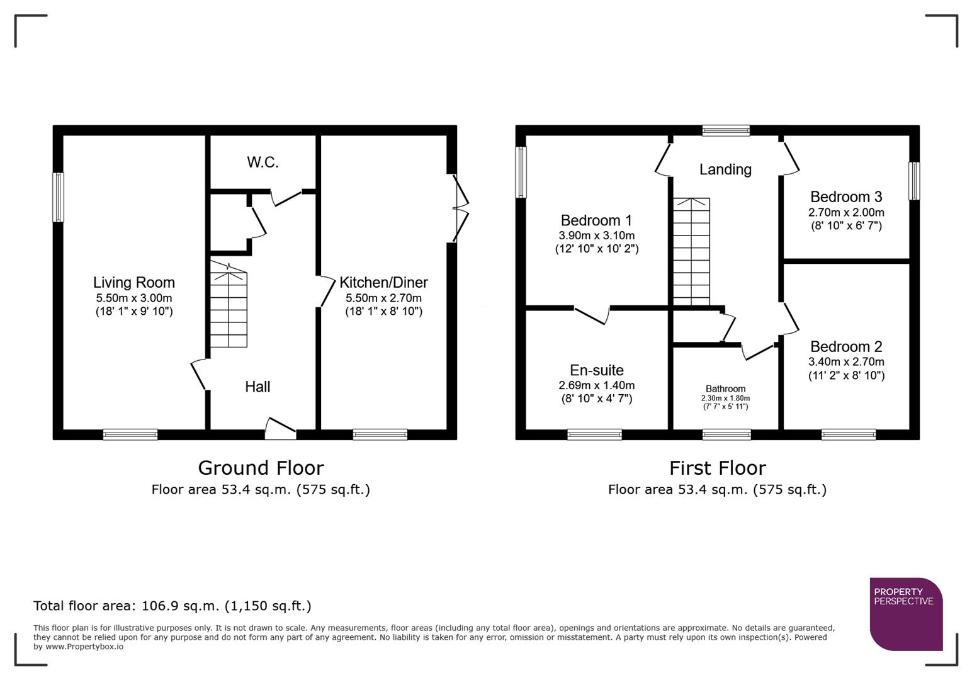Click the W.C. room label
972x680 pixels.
[x=263, y=162]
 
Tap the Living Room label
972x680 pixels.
[x=133, y=283]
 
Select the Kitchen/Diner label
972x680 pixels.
[x=383, y=283]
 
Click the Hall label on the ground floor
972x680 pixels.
[x=257, y=387]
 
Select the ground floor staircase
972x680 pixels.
[x=229, y=305]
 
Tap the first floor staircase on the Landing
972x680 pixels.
[x=691, y=252]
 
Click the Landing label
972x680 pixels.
[x=725, y=169]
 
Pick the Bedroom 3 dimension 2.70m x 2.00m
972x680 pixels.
[x=846, y=213]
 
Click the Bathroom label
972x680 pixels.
[x=725, y=389]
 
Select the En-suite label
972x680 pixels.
[x=596, y=370]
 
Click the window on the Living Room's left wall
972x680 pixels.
[x=58, y=197]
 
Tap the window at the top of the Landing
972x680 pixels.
[x=726, y=130]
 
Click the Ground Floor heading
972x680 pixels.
[x=261, y=468]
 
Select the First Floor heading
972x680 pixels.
[x=717, y=468]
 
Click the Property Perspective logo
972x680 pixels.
[x=905, y=614]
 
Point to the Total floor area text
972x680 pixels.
[x=172, y=606]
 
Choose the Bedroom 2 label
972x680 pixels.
[x=846, y=347]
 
